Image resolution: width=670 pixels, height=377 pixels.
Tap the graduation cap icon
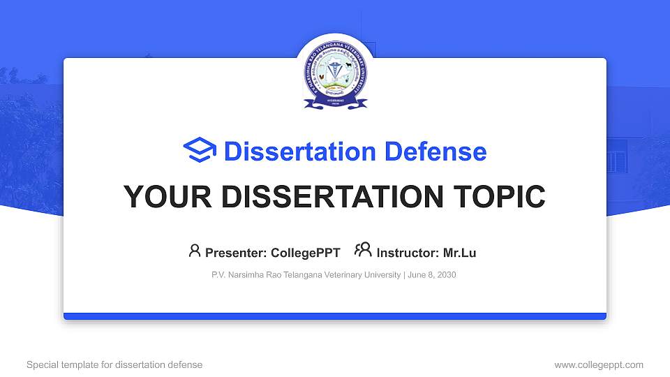click(200, 151)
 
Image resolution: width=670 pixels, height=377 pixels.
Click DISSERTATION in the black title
click(320, 197)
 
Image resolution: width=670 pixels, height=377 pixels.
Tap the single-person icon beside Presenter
click(195, 250)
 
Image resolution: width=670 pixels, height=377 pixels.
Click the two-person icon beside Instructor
click(363, 250)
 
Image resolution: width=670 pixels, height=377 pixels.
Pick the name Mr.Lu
click(459, 253)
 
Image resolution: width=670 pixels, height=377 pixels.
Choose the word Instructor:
click(408, 253)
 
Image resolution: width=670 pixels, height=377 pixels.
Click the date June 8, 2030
click(432, 275)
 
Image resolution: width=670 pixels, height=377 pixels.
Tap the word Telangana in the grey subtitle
click(302, 275)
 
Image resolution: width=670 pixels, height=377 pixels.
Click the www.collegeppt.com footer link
click(598, 364)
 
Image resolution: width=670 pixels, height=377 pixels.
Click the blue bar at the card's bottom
click(335, 316)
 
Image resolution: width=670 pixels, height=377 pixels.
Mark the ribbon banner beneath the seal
click(335, 104)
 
